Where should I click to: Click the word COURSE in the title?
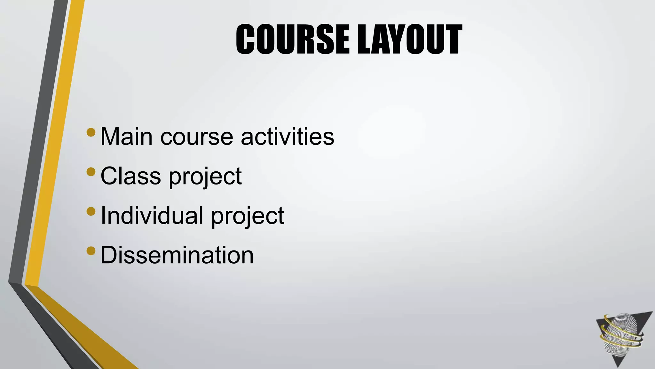(292, 39)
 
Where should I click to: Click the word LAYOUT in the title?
(409, 39)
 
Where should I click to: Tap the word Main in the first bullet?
(127, 136)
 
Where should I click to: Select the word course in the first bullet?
(197, 137)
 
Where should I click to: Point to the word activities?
(288, 136)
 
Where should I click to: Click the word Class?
(130, 176)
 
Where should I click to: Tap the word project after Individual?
(248, 217)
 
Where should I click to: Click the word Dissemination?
(177, 255)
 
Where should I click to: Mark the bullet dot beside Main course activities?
(91, 132)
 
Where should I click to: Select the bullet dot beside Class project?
(91, 172)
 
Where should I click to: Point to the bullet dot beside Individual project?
(91, 211)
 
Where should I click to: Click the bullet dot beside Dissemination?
(91, 251)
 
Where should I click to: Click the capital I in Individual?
(103, 215)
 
